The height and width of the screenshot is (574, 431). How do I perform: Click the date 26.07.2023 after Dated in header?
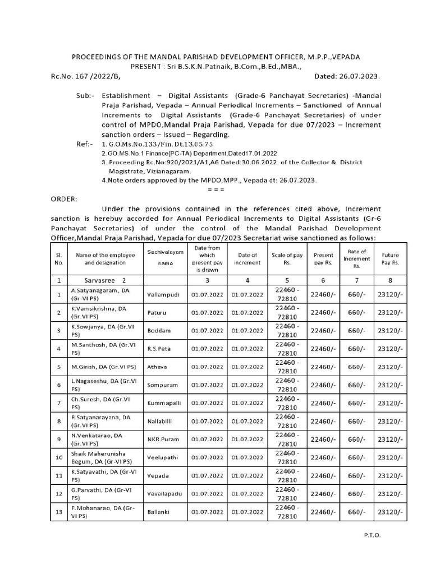[x=356, y=76]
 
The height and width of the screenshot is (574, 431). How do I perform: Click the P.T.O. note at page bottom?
[x=372, y=535]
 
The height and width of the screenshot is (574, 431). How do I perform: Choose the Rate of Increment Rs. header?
[x=357, y=258]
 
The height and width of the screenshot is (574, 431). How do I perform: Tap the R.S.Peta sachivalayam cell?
[x=158, y=349]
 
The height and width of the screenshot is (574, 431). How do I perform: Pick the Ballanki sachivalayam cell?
[x=158, y=512]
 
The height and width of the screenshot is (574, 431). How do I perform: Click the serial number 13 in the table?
[x=58, y=512]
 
